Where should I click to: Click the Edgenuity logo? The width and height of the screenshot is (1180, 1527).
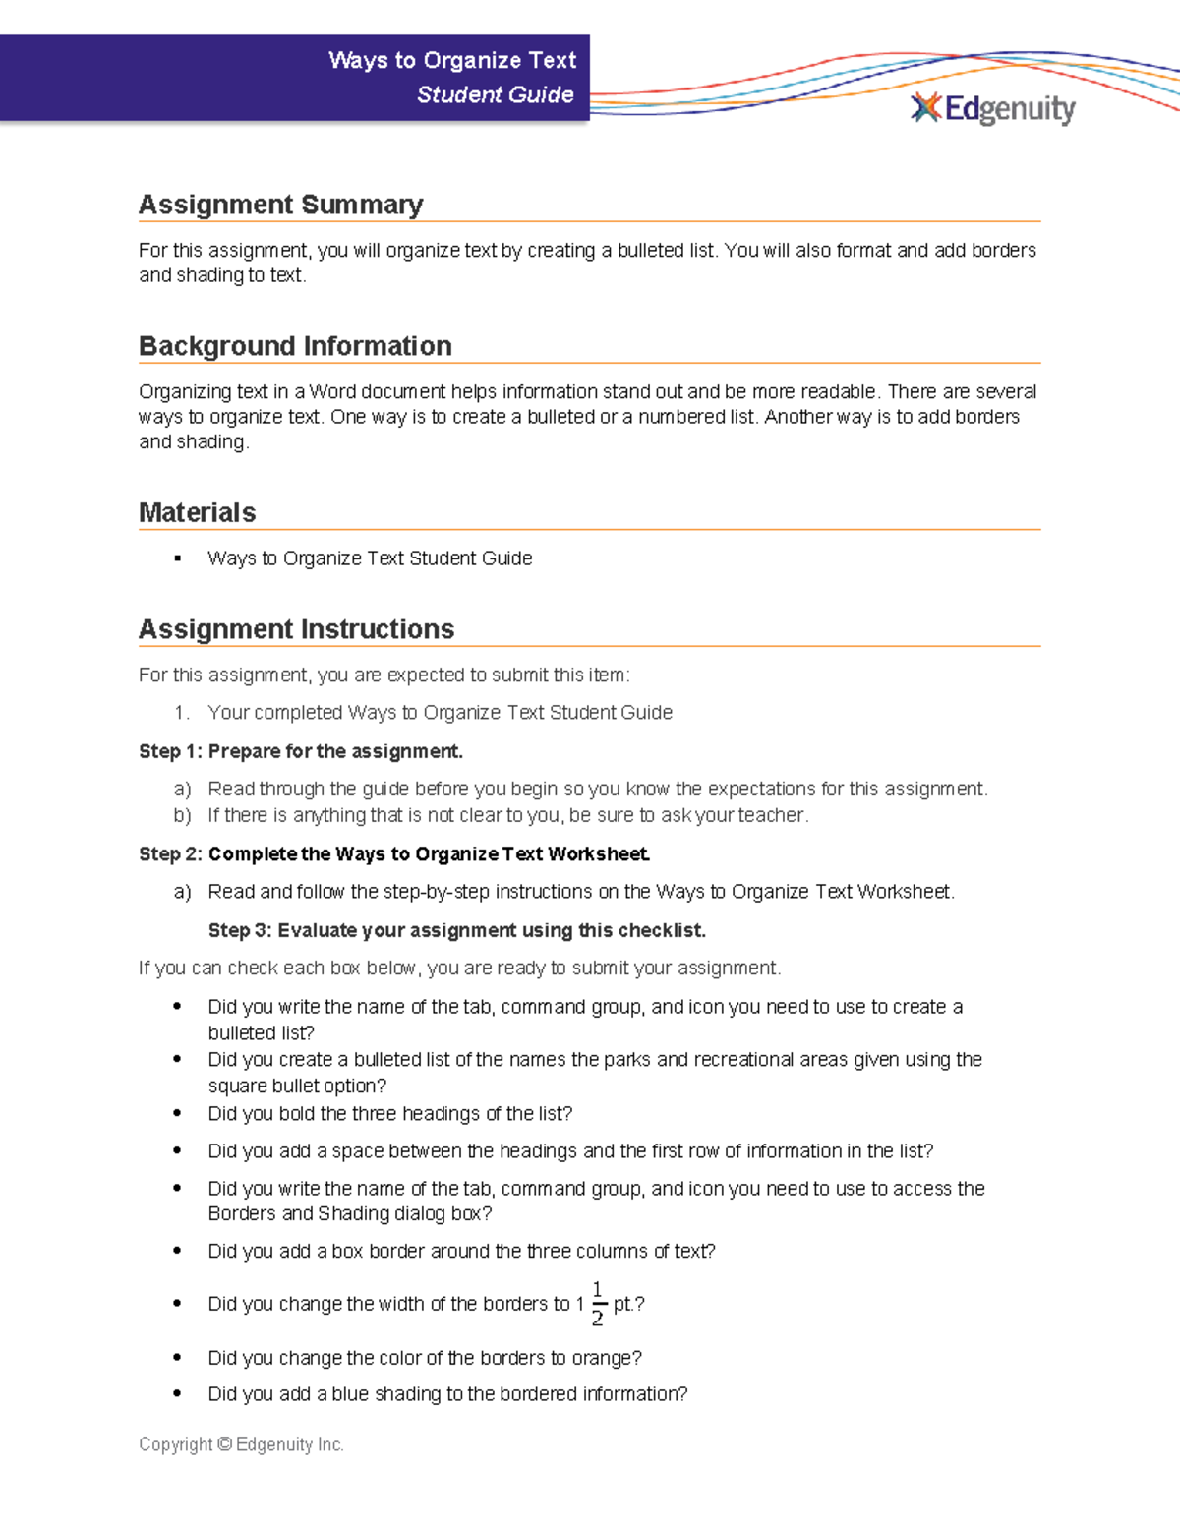(993, 108)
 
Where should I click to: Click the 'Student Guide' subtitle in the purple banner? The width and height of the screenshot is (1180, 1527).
(495, 94)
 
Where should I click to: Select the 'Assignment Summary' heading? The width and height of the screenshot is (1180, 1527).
(280, 205)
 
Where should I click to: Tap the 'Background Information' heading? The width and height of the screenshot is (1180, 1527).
(295, 346)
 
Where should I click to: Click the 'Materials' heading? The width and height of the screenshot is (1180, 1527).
(197, 512)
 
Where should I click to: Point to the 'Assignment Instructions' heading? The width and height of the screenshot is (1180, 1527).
(296, 629)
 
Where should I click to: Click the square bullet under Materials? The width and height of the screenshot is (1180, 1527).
(177, 558)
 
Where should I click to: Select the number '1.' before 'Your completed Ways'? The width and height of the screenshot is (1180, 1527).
(181, 713)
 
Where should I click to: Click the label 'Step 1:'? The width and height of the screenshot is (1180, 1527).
(170, 751)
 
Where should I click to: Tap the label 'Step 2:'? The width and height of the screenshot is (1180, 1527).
(170, 853)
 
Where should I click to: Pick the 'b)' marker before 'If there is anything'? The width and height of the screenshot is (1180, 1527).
(182, 815)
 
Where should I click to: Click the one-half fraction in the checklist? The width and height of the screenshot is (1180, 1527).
(597, 1304)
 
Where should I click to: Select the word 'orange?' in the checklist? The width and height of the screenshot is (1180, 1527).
(607, 1358)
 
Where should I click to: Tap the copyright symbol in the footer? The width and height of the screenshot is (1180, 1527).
(224, 1444)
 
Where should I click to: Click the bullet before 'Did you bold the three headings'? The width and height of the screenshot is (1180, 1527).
(177, 1113)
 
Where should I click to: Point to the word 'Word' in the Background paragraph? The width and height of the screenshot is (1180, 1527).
(332, 391)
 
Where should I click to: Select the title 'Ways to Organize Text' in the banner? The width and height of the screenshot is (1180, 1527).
(452, 60)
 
